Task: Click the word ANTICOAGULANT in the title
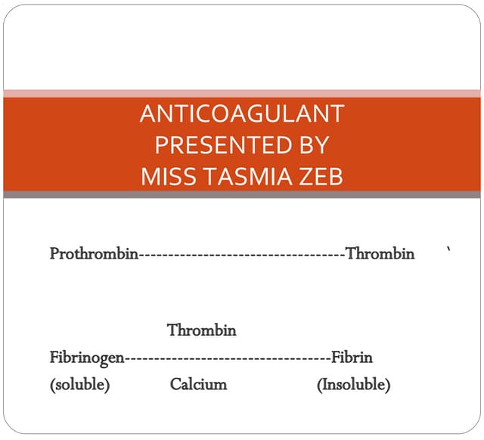(x=242, y=113)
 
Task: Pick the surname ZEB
(x=318, y=175)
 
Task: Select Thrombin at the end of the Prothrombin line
(x=380, y=254)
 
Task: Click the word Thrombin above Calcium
(x=202, y=330)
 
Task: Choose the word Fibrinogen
(x=87, y=357)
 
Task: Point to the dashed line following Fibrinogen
(x=227, y=358)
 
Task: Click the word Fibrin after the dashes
(x=352, y=357)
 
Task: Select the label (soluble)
(x=80, y=385)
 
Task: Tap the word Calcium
(x=198, y=385)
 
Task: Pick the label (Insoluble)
(x=353, y=385)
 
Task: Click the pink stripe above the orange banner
(x=242, y=93)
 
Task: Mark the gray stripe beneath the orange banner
(x=242, y=194)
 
